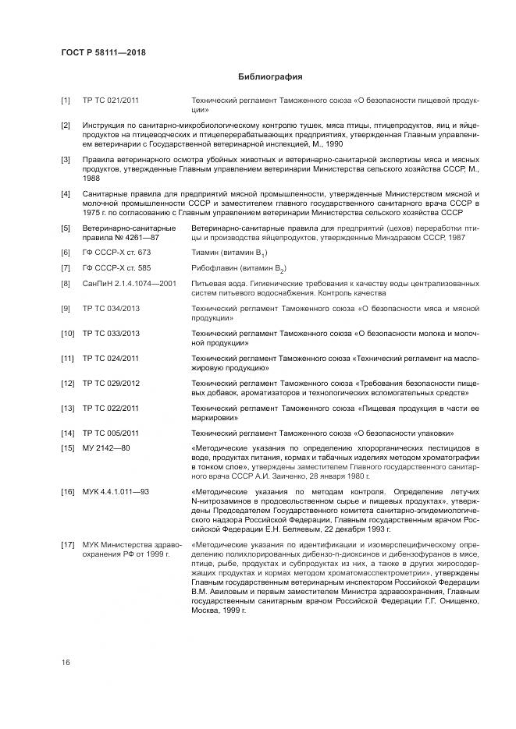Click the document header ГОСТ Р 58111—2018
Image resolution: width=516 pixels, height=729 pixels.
click(x=103, y=52)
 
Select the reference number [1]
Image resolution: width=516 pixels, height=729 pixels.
click(x=66, y=101)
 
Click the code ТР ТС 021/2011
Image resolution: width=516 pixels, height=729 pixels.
click(x=112, y=101)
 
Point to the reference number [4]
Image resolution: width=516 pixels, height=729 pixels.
click(x=66, y=193)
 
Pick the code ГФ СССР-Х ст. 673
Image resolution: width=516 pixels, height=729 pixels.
click(x=116, y=253)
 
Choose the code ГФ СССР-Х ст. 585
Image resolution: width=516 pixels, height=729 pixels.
click(x=116, y=268)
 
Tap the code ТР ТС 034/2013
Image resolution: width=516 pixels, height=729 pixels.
click(x=112, y=310)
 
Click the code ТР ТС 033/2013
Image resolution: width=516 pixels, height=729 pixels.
click(x=112, y=334)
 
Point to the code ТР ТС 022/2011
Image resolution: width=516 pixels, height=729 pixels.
click(x=112, y=408)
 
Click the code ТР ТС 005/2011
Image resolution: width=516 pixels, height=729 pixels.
click(x=112, y=432)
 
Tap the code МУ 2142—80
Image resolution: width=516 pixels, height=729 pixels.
click(x=106, y=448)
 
